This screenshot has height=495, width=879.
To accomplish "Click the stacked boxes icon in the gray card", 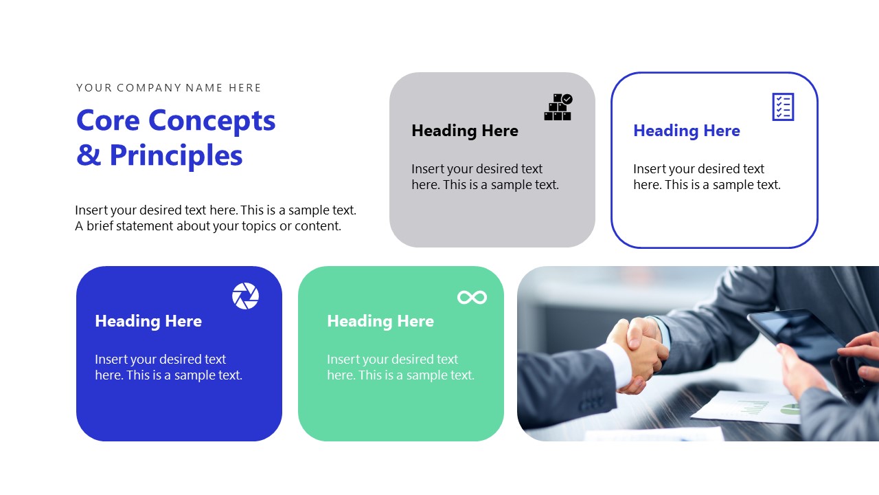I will (558, 107).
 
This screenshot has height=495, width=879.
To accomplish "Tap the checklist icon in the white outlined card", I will (783, 107).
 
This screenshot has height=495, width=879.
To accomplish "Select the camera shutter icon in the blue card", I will (245, 296).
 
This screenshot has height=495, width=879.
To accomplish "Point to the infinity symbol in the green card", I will (472, 297).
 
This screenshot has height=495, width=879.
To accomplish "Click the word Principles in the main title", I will (176, 155).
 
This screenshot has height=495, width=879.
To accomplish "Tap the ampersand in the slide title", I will (89, 155).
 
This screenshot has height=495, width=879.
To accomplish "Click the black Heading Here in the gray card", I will (465, 131).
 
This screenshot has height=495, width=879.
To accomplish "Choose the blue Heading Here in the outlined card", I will (687, 131).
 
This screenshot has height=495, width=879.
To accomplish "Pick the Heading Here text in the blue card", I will (148, 321).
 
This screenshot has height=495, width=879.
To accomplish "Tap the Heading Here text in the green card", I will (380, 321).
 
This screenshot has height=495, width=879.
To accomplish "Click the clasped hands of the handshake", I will (639, 347).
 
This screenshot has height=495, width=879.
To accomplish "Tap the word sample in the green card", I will (427, 375).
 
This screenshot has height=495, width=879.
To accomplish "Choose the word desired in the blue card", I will (181, 360).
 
